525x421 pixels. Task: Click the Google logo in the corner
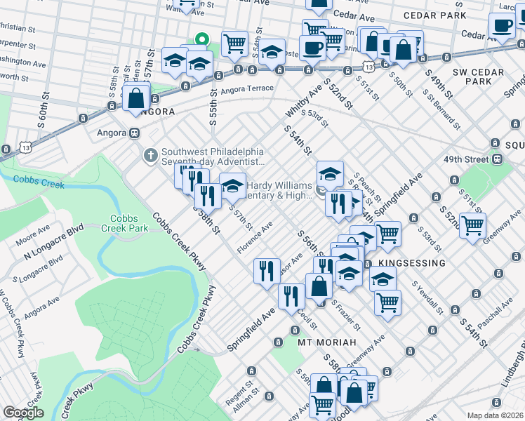click(x=23, y=413)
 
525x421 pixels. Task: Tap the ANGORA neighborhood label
click(x=153, y=112)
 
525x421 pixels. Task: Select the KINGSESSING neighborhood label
click(x=411, y=262)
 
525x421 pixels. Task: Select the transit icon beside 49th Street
click(x=497, y=159)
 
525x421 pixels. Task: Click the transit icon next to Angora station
click(x=133, y=133)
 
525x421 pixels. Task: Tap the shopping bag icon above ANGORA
click(x=137, y=97)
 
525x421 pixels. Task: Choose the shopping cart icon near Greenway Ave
click(x=472, y=225)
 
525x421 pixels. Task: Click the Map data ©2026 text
click(x=495, y=415)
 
